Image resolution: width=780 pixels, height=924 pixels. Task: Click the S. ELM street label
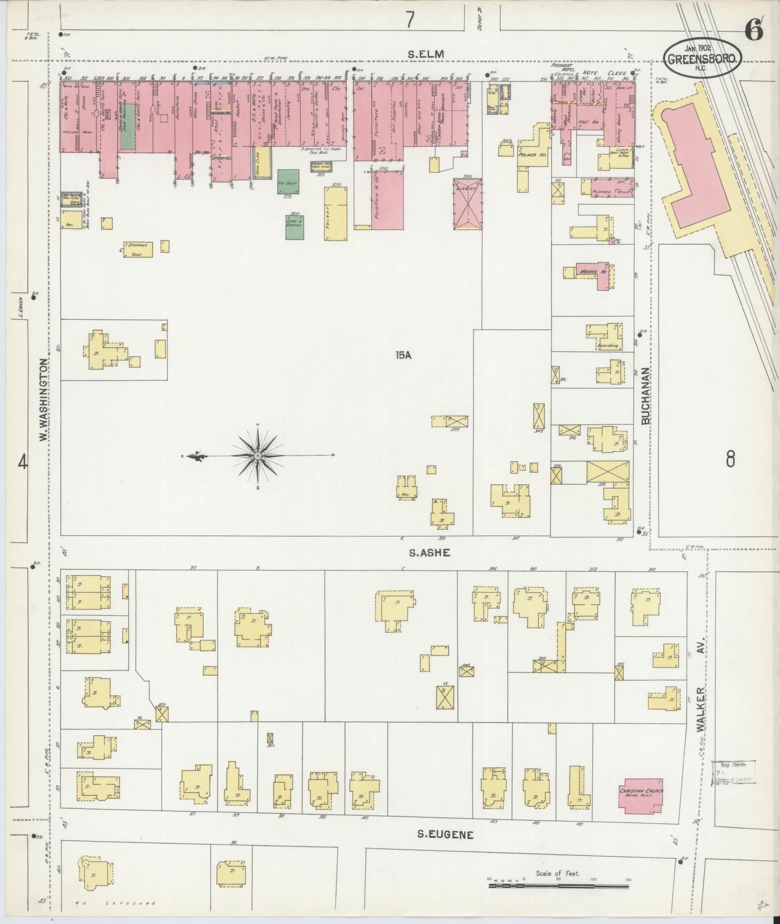tap(425, 55)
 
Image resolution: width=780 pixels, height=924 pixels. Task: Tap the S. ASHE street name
tap(429, 553)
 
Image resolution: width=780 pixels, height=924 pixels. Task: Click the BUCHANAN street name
tap(646, 396)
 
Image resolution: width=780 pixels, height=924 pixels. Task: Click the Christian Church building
tap(642, 795)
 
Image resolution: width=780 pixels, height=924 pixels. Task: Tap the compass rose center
tap(258, 455)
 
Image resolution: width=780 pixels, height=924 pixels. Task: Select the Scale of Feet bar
tap(559, 548)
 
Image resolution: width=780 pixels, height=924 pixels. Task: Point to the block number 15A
tap(402, 355)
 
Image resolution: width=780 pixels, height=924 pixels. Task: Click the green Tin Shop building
tap(288, 182)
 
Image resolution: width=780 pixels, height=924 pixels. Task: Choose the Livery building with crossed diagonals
tap(468, 203)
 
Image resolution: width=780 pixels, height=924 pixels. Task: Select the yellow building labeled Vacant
tap(336, 213)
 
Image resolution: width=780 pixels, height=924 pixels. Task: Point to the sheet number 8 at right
tap(730, 458)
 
